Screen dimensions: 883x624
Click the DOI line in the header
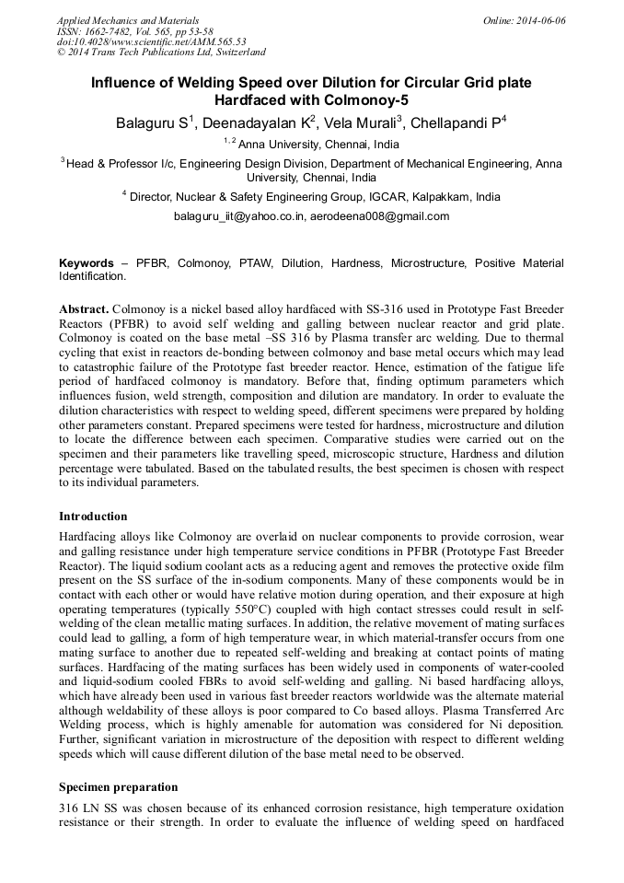151,41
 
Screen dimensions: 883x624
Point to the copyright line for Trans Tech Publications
161,52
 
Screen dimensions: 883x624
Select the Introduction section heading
93,517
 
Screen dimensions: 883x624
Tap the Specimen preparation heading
118,787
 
